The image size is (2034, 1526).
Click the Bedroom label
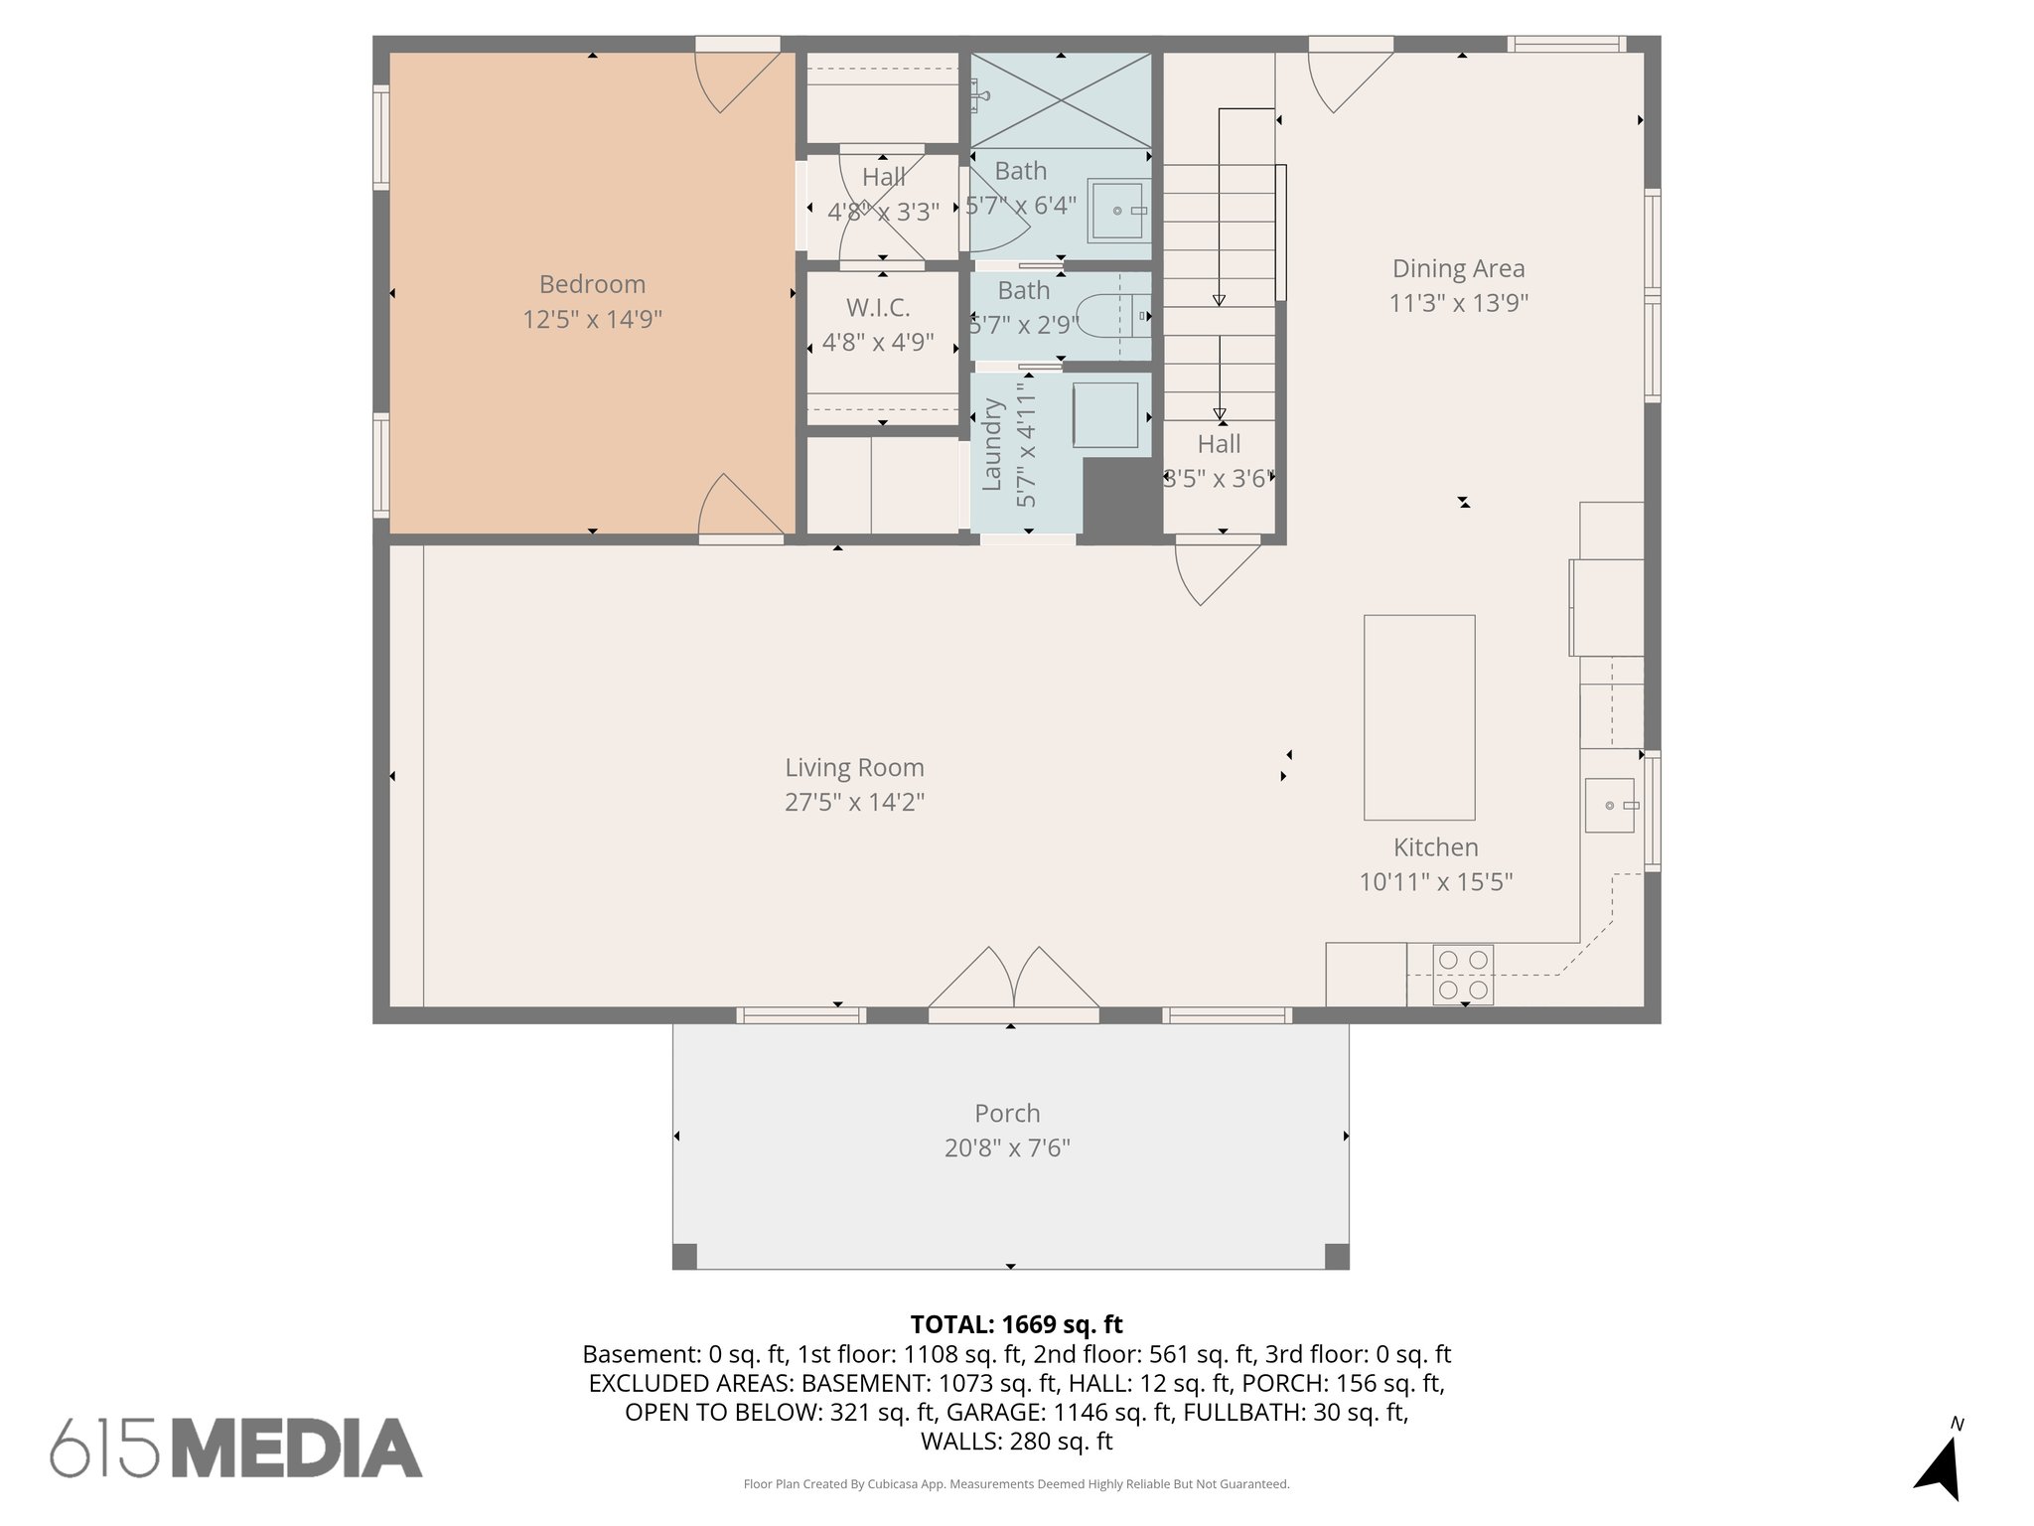[592, 284]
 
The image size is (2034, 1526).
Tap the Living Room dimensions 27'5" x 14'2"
[854, 802]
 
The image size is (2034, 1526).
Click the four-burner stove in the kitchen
[1463, 975]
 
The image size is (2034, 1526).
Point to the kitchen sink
[1609, 805]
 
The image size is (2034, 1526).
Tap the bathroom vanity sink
[1120, 211]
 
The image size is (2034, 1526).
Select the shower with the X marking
[1061, 100]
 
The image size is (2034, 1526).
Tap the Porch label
[1007, 1113]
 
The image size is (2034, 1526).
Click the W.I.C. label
[878, 307]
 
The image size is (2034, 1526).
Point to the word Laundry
[991, 444]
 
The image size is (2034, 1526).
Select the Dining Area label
[1458, 268]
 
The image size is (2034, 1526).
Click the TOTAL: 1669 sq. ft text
[1016, 1324]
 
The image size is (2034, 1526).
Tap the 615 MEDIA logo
[236, 1448]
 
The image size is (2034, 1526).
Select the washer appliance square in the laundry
[1104, 414]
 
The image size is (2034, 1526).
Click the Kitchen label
[1435, 847]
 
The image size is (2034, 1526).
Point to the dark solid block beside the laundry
[1121, 500]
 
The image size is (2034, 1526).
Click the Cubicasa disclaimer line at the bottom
[1016, 1484]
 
